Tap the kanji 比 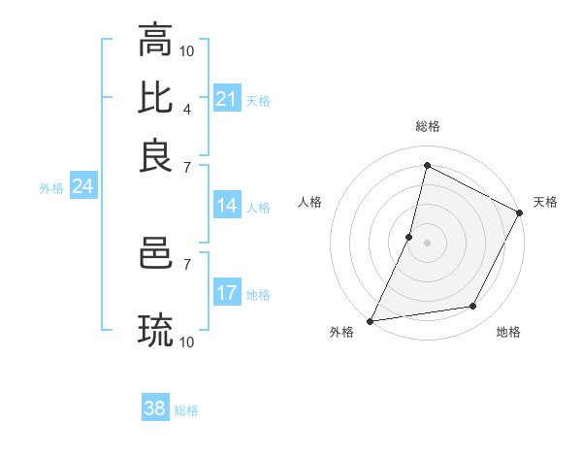(156, 97)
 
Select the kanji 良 (156, 155)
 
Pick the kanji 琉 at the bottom (156, 331)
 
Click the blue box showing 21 (226, 99)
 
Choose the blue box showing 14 (226, 206)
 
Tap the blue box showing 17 (226, 293)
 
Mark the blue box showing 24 (82, 187)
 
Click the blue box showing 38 (154, 408)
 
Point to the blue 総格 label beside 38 (186, 410)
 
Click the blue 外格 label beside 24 (51, 189)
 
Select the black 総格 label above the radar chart (427, 126)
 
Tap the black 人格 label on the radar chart (310, 202)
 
